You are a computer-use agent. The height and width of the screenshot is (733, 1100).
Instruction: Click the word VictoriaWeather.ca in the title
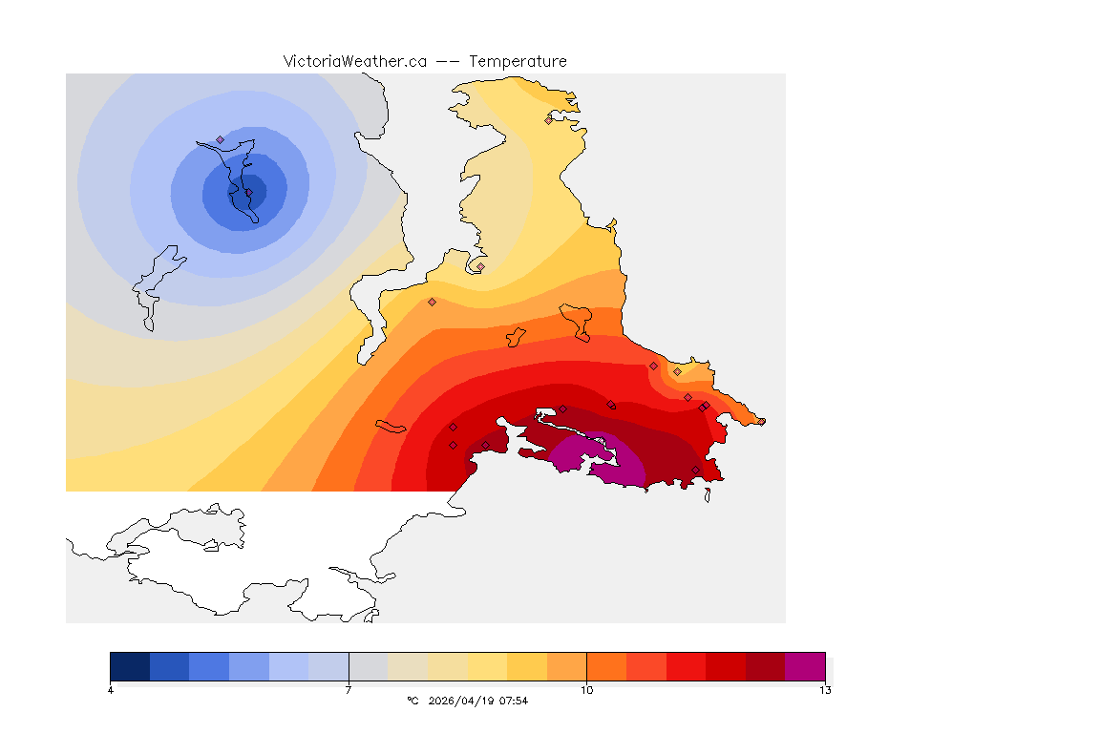click(354, 61)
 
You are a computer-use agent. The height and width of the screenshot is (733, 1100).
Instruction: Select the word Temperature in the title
click(518, 61)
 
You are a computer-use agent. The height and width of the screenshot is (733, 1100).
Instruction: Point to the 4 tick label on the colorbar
click(111, 690)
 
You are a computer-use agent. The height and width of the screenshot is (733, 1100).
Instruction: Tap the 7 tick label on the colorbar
click(349, 690)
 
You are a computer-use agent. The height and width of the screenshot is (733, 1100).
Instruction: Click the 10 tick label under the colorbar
click(586, 690)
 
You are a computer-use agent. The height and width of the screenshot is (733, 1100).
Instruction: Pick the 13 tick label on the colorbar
click(824, 690)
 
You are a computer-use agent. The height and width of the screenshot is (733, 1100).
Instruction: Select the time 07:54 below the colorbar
click(514, 701)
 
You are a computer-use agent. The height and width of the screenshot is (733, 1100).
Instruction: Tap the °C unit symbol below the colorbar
click(412, 701)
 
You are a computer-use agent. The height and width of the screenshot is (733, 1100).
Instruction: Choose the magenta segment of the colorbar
click(804, 666)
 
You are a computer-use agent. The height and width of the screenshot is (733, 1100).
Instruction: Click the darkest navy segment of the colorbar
click(130, 666)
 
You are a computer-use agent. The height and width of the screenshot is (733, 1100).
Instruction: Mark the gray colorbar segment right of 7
click(368, 666)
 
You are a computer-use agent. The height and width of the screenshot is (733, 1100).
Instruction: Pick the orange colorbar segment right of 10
click(606, 666)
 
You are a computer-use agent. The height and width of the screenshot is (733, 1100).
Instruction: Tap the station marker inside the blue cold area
click(221, 139)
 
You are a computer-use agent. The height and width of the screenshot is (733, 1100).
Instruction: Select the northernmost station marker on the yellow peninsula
click(549, 120)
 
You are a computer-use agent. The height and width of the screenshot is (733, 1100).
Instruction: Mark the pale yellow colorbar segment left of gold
click(487, 666)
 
